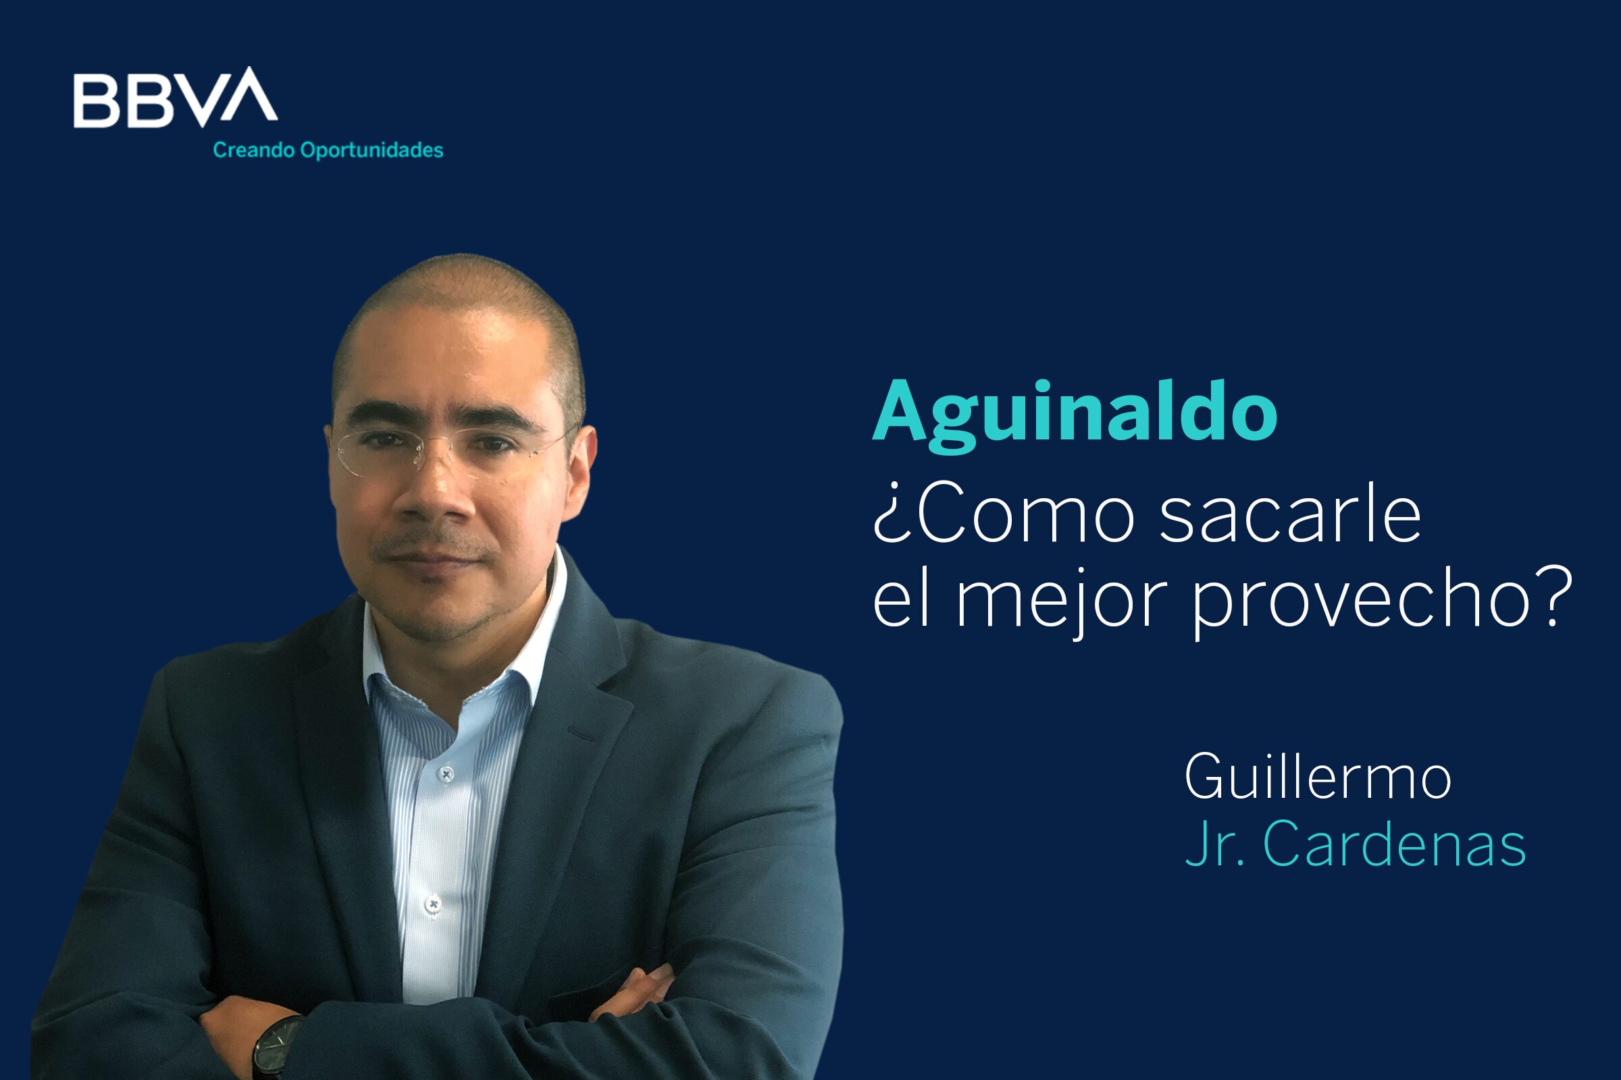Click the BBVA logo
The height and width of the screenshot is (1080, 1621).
tap(175, 98)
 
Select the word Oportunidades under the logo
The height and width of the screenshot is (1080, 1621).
tap(371, 151)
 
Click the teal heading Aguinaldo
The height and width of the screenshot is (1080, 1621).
tap(1075, 415)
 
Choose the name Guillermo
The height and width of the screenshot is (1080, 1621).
tap(1318, 776)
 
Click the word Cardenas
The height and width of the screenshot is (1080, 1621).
tap(1394, 843)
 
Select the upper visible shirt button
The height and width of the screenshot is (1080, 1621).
tap(446, 775)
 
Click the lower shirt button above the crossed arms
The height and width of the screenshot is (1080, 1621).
tap(433, 904)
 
